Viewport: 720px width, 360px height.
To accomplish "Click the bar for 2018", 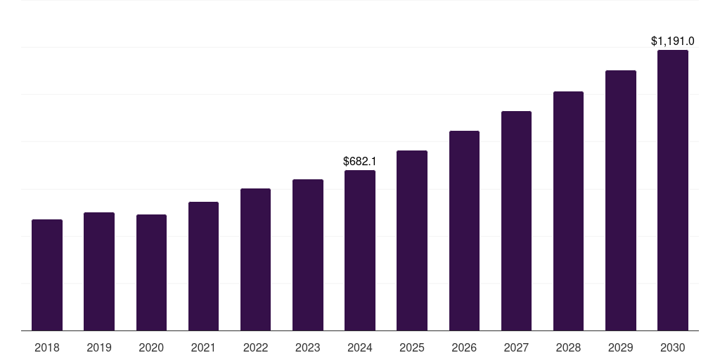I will coord(47,275).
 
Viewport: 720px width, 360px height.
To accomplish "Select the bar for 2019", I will coord(99,271).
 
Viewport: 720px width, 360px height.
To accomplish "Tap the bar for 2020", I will coord(151,273).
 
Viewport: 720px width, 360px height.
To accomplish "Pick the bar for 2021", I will coord(203,266).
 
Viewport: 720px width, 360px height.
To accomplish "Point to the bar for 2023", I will coord(308,255).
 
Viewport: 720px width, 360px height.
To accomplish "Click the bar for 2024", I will coord(360,250).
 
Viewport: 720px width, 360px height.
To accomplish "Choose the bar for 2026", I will coord(464,231).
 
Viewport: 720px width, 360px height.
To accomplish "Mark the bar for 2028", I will coord(568,211).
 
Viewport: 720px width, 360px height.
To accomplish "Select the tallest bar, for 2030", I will coord(673,190).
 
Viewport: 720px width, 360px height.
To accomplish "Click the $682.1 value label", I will coord(360,162).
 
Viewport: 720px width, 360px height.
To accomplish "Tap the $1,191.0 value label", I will coord(673,41).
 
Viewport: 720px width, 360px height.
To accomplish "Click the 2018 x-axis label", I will coord(47,347).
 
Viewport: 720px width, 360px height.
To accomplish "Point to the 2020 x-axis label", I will coord(151,347).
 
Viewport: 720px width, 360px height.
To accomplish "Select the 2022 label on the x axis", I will coord(255,347).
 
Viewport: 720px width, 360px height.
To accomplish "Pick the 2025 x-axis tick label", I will coord(412,347).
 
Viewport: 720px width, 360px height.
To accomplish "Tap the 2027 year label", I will coord(516,347).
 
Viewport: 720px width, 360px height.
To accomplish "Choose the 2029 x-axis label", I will coord(620,347).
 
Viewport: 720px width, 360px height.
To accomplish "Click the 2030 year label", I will coord(673,347).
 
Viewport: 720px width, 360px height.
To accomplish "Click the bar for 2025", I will coord(412,240).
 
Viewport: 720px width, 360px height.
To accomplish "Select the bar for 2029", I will coord(620,200).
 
